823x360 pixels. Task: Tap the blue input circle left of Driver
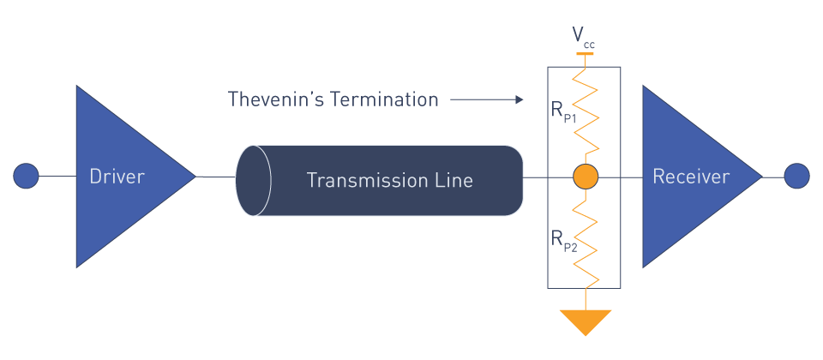coord(27,177)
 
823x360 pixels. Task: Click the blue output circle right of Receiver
coord(797,177)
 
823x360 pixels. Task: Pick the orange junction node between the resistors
coord(586,177)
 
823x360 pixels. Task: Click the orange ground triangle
coord(586,321)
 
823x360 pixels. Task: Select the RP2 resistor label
coord(563,240)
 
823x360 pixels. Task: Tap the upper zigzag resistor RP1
coord(586,111)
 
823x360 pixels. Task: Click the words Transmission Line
coord(389,181)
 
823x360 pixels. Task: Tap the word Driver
coord(117,177)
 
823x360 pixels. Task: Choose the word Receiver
coord(691,177)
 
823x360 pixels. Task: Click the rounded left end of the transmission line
coord(254,180)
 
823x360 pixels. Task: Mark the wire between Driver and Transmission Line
coord(216,177)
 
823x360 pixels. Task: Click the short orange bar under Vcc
coord(585,53)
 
